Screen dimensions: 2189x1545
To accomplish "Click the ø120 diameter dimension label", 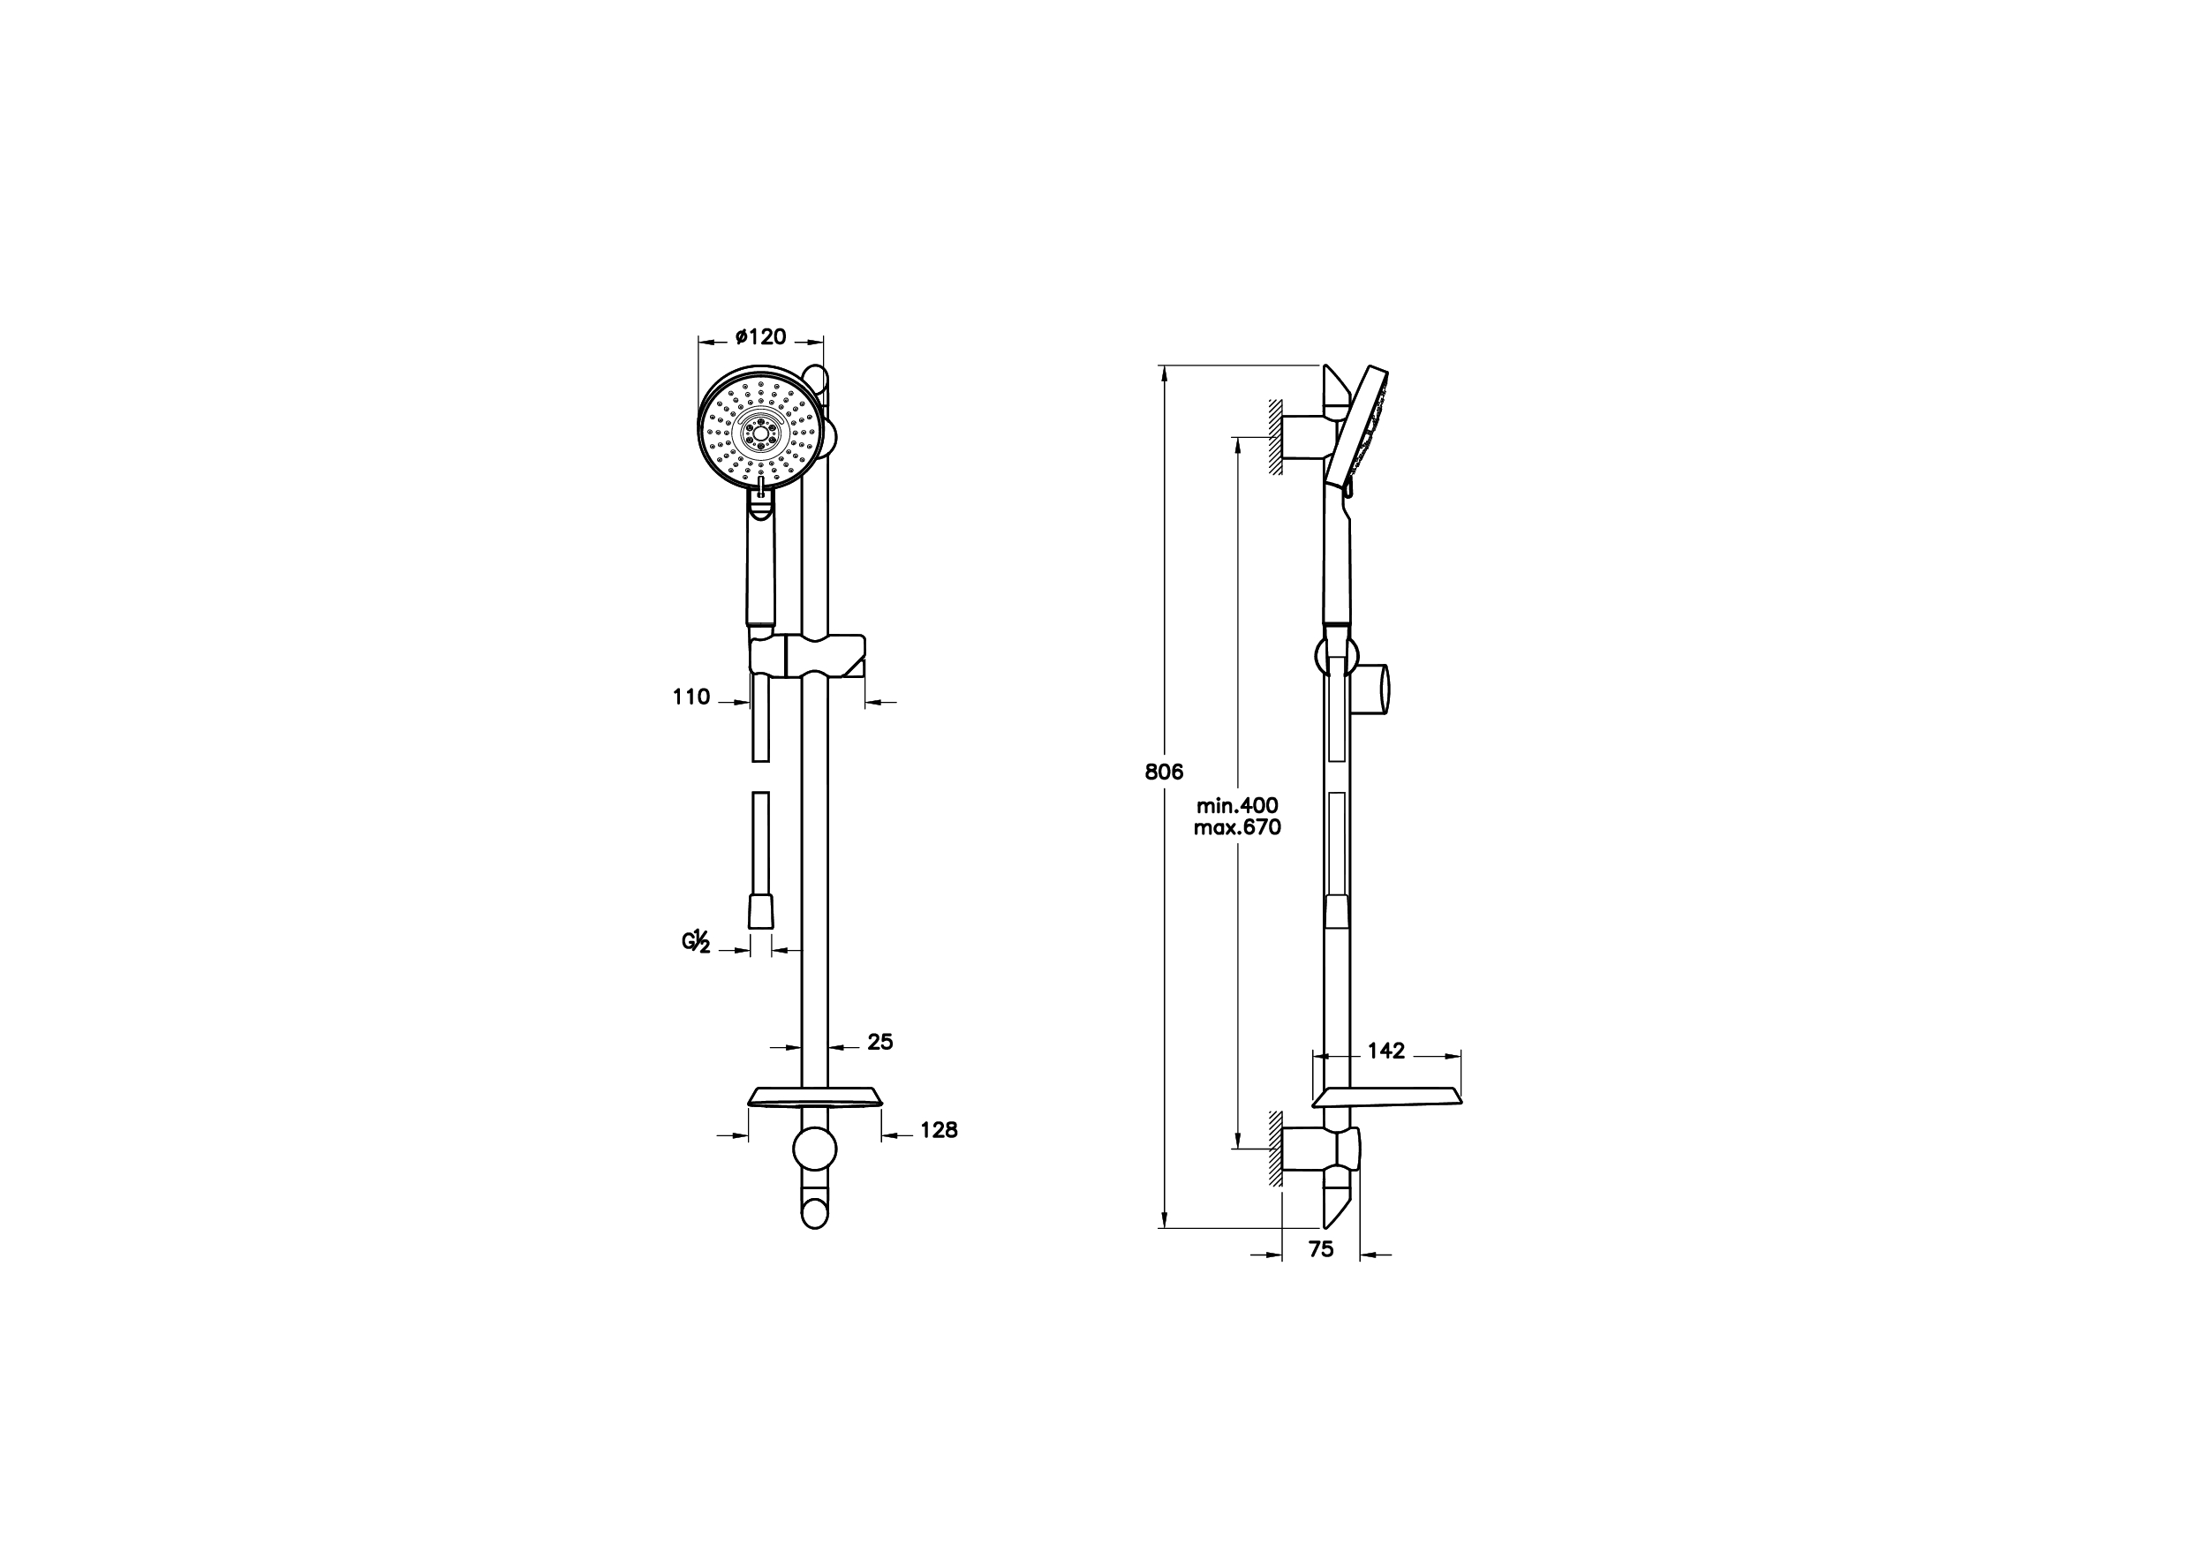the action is [761, 336].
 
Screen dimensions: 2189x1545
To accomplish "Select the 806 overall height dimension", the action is [1164, 772].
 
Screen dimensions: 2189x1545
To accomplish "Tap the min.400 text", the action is [1237, 806].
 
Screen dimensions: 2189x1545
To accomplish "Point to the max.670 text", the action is [1237, 827].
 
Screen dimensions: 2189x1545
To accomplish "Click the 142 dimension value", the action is [1386, 1051].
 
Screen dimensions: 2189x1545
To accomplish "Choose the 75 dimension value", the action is [1320, 1248].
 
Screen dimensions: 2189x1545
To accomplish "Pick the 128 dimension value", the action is [940, 1129].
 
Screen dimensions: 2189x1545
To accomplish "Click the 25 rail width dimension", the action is [880, 1042].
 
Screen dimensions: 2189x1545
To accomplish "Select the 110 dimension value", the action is [691, 697].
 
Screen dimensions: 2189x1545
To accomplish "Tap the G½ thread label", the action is [696, 942].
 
